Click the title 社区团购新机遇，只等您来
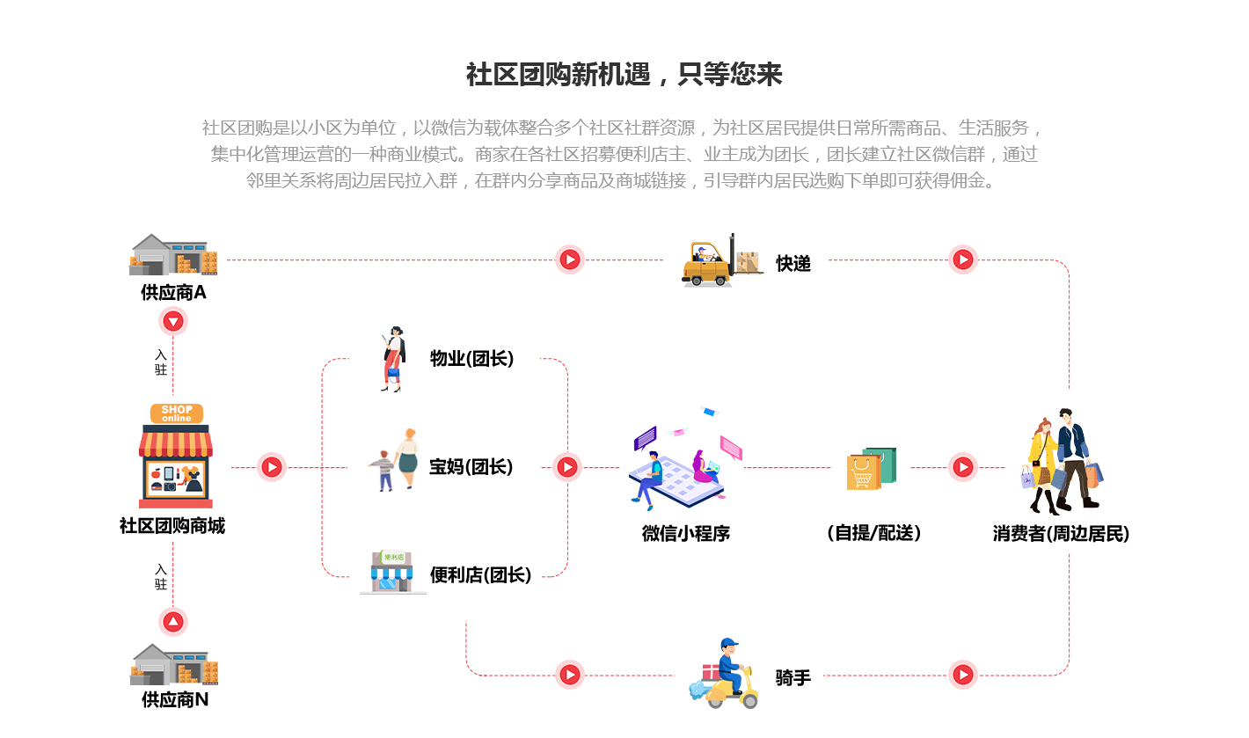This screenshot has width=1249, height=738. click(x=624, y=74)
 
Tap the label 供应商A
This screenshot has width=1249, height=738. click(x=173, y=292)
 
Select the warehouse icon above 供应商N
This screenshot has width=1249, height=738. click(x=174, y=665)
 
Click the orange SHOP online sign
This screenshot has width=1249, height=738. click(x=176, y=413)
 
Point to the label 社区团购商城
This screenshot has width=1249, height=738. click(x=172, y=525)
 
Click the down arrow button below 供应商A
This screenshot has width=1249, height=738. click(x=173, y=322)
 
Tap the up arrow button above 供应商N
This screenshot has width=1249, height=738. click(x=173, y=621)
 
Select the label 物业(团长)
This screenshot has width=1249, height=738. click(x=471, y=358)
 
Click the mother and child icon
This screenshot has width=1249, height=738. click(x=394, y=460)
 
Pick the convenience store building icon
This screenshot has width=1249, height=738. click(x=392, y=572)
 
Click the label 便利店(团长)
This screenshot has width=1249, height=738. click(x=480, y=574)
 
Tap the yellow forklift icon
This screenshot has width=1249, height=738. click(x=721, y=260)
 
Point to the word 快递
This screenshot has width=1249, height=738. click(x=792, y=263)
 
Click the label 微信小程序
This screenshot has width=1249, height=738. click(x=686, y=533)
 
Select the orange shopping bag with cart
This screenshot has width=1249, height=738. click(x=864, y=472)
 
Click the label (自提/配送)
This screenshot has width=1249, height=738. click(x=873, y=533)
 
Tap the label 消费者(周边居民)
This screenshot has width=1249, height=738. click(x=1061, y=533)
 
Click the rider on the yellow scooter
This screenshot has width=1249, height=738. click(x=724, y=673)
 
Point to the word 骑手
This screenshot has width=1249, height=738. click(x=792, y=678)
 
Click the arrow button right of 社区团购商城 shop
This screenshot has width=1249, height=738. click(x=272, y=467)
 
